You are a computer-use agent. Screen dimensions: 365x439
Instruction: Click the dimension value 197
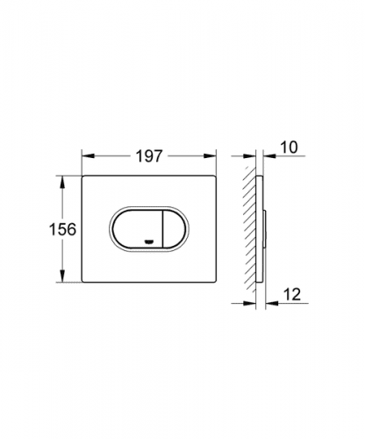click(149, 156)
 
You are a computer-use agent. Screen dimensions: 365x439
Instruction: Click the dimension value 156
click(62, 229)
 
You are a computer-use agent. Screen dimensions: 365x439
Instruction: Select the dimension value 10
click(289, 147)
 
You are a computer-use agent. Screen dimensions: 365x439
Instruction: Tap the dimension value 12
click(292, 294)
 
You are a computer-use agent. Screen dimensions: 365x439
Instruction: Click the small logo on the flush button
click(149, 241)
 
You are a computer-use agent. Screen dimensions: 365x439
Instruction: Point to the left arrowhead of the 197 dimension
click(88, 156)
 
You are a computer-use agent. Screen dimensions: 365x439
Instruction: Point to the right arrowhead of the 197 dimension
click(210, 156)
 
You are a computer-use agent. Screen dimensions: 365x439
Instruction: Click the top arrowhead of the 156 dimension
click(62, 182)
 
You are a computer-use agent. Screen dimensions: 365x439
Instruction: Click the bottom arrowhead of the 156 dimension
click(62, 276)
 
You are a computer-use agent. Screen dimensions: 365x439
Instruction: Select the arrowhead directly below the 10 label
click(269, 156)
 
